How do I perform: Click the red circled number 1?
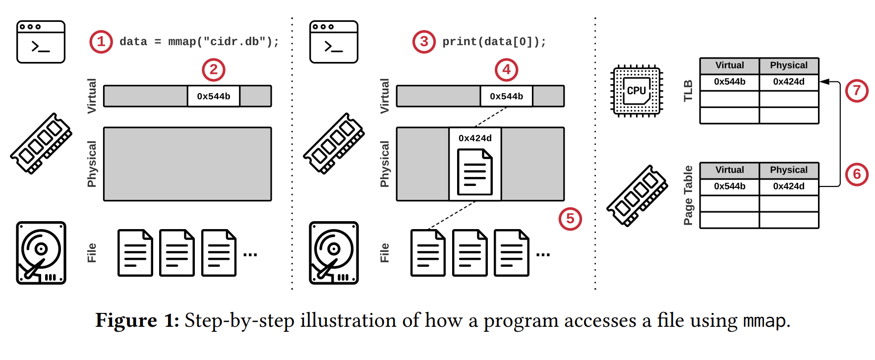tap(101, 42)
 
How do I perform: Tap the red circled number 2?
tap(214, 70)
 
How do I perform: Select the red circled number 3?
tap(424, 42)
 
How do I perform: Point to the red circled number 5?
tap(570, 219)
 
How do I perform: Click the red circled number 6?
tap(857, 175)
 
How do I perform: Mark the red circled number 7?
tap(857, 91)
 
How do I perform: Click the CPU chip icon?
tap(637, 91)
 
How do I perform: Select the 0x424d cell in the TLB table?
tap(789, 82)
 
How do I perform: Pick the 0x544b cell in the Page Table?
tap(729, 186)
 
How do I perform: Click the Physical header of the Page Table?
tap(789, 170)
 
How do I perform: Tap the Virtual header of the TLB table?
tap(729, 65)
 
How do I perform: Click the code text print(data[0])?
tap(494, 42)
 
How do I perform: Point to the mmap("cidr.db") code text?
tap(223, 42)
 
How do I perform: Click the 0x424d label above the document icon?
tap(475, 138)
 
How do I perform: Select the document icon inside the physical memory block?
tap(475, 172)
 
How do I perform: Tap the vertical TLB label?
tap(688, 91)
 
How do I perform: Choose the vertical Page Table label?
tap(688, 195)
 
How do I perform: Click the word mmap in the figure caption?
tap(764, 321)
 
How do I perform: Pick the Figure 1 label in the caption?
tap(137, 321)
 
